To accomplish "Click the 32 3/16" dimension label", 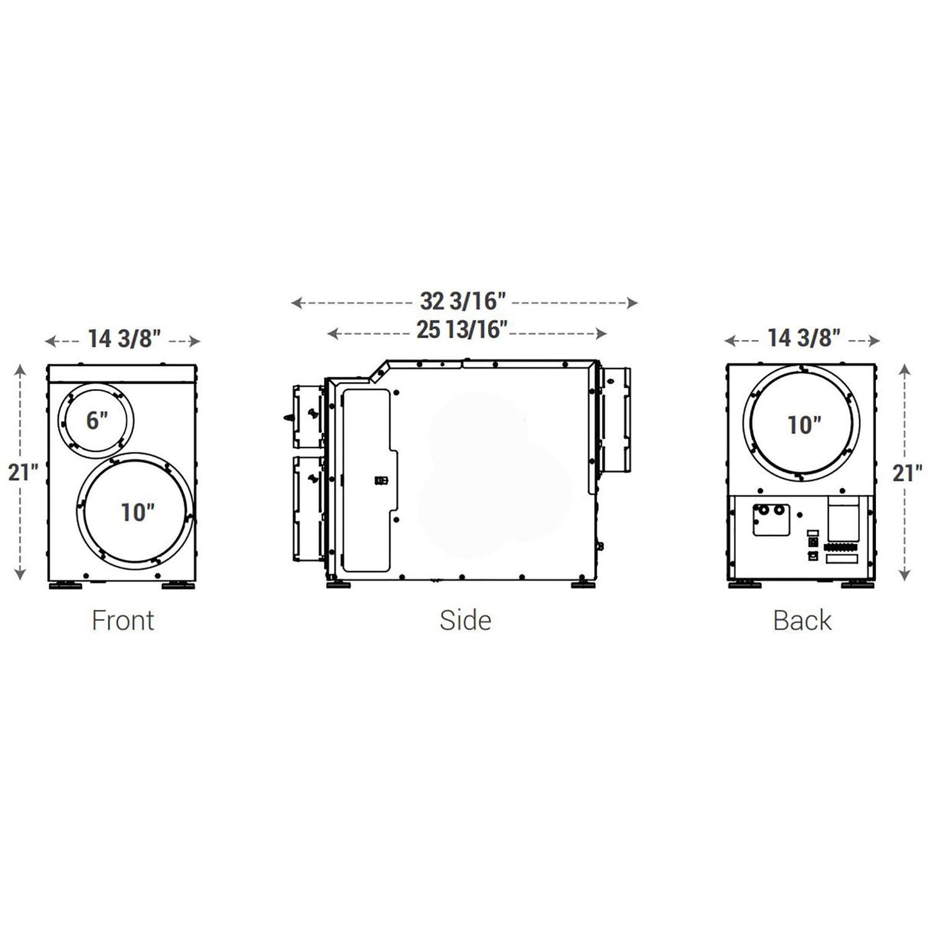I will (x=463, y=301).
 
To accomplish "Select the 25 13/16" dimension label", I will (x=462, y=330).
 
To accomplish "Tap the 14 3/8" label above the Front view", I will (x=123, y=338).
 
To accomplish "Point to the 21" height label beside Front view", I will (x=23, y=472).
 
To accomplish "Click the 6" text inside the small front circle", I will (x=97, y=421).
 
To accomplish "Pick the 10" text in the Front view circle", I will (x=137, y=512).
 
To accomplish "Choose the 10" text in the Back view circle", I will (x=805, y=425).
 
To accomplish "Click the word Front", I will (x=123, y=620).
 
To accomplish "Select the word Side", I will (x=465, y=620).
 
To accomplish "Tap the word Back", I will (x=802, y=620).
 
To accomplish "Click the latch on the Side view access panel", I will (x=380, y=480).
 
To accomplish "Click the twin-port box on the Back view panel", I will (x=771, y=520).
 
